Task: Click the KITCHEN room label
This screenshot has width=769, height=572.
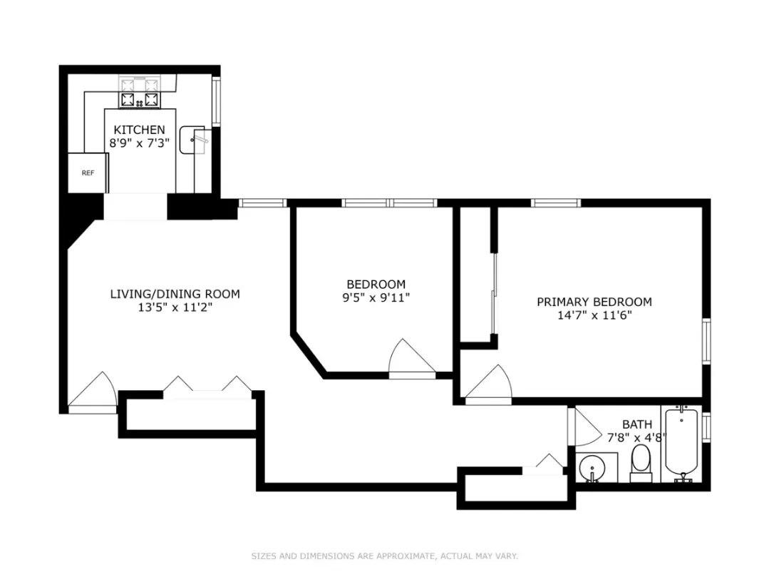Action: tap(139, 130)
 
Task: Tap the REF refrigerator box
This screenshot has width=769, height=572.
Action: tap(88, 173)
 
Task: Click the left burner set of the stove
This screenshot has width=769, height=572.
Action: tap(128, 100)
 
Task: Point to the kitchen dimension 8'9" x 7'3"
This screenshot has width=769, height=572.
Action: tap(139, 143)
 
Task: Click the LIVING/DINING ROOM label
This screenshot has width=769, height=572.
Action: tap(175, 294)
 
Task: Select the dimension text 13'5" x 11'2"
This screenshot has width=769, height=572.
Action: tap(175, 307)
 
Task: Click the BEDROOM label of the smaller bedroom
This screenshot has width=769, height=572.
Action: tap(376, 284)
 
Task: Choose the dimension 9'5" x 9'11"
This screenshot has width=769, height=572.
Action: tap(376, 297)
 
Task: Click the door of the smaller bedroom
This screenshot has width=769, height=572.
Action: tap(411, 359)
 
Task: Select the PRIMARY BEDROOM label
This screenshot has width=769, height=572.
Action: tap(594, 302)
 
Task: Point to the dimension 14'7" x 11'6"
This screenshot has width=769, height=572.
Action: tap(594, 315)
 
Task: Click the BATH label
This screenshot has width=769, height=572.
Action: tap(636, 424)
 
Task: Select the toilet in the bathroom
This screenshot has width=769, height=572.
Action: tap(641, 462)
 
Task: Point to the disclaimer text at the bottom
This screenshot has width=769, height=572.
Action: tap(384, 556)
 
